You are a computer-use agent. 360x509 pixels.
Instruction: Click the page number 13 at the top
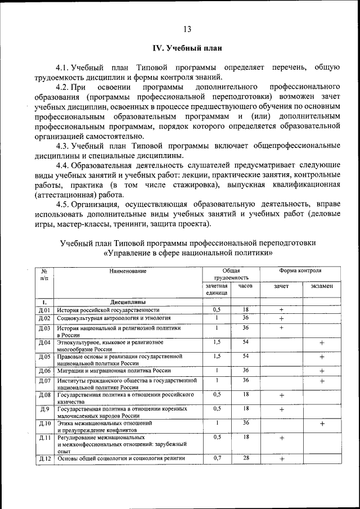187,29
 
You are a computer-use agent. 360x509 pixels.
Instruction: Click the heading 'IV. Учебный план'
187,48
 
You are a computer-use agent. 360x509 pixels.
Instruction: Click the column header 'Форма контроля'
301,271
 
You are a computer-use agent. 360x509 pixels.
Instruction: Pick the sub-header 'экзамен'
322,286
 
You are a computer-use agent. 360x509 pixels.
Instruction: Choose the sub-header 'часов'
245,286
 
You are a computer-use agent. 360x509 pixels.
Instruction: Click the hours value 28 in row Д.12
246,458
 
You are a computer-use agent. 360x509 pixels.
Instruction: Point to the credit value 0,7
217,458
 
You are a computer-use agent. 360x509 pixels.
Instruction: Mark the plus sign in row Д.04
322,343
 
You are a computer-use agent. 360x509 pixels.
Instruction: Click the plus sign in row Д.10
322,424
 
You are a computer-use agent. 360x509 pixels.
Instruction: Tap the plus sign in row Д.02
281,319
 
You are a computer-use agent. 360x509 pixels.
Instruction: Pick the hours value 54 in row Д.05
246,356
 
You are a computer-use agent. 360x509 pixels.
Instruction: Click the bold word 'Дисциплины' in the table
128,301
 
